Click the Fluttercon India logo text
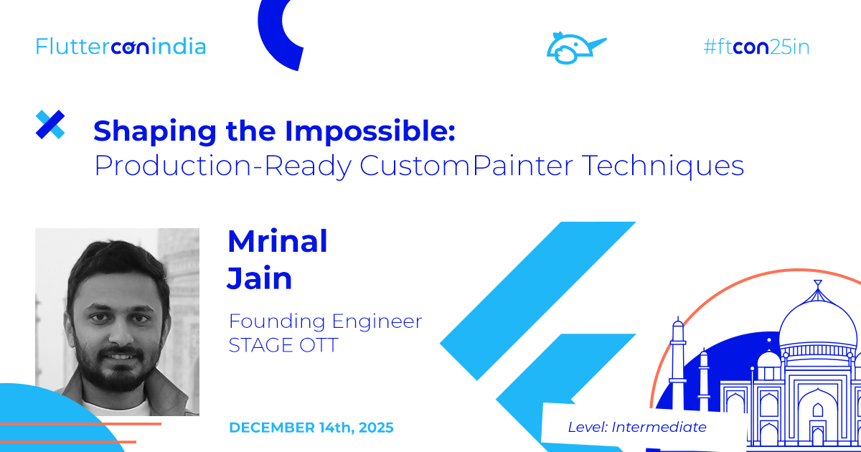(x=121, y=47)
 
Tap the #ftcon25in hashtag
(x=756, y=47)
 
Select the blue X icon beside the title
(x=50, y=125)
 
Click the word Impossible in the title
(x=370, y=131)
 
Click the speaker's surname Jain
(x=260, y=278)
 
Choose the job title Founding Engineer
(x=325, y=321)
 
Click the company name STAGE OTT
(x=283, y=345)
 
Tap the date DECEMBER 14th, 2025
(x=311, y=428)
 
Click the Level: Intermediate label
(x=637, y=427)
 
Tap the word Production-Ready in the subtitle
(x=222, y=166)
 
